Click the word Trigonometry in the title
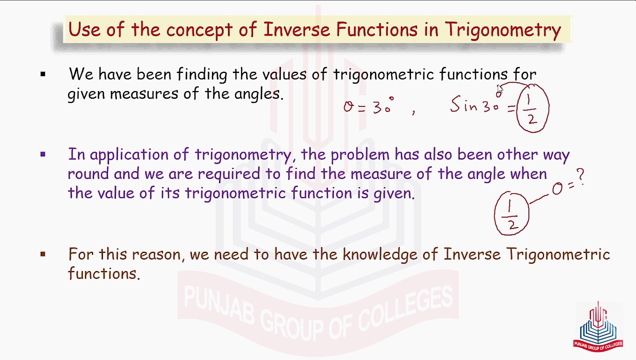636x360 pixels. [x=502, y=30]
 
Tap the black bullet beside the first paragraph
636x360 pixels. [x=43, y=75]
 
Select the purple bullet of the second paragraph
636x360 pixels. [x=43, y=154]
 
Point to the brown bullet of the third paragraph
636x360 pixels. [x=43, y=254]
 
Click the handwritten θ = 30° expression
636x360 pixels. [x=368, y=106]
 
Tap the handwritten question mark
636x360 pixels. [x=580, y=176]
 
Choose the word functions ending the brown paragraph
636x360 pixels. [x=103, y=274]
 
